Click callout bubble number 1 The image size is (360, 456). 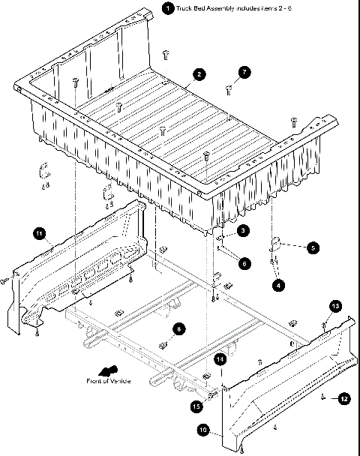pos(168,8)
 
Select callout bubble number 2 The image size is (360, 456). pos(199,74)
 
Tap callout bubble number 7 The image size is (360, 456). pos(244,73)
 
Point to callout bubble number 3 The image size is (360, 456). pos(244,232)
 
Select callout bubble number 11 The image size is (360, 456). pos(39,234)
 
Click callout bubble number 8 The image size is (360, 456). pos(177,328)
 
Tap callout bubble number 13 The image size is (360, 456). pos(335,306)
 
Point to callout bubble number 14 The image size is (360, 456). pos(220,360)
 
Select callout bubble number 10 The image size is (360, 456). pos(202,430)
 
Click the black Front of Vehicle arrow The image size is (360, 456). pos(107,370)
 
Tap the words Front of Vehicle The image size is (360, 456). pos(108,382)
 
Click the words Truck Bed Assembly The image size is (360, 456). pos(205,8)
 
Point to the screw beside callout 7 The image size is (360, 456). pos(230,89)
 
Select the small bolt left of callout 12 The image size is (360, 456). pos(322,397)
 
